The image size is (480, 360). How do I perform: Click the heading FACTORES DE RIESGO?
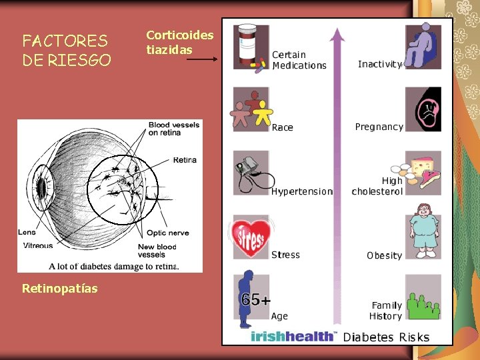67,51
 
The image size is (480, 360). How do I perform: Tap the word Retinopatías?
59,288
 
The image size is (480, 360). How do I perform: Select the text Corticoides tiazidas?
179,42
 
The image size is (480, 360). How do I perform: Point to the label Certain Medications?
299,60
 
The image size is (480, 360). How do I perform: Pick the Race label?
282,127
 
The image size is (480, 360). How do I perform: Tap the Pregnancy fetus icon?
423,109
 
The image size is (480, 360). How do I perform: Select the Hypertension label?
301,191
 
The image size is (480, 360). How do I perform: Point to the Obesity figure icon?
423,230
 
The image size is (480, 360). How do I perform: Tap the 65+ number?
256,300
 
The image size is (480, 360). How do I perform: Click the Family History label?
386,311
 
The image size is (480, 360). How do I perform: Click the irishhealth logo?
294,336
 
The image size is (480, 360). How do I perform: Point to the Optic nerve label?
167,233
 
